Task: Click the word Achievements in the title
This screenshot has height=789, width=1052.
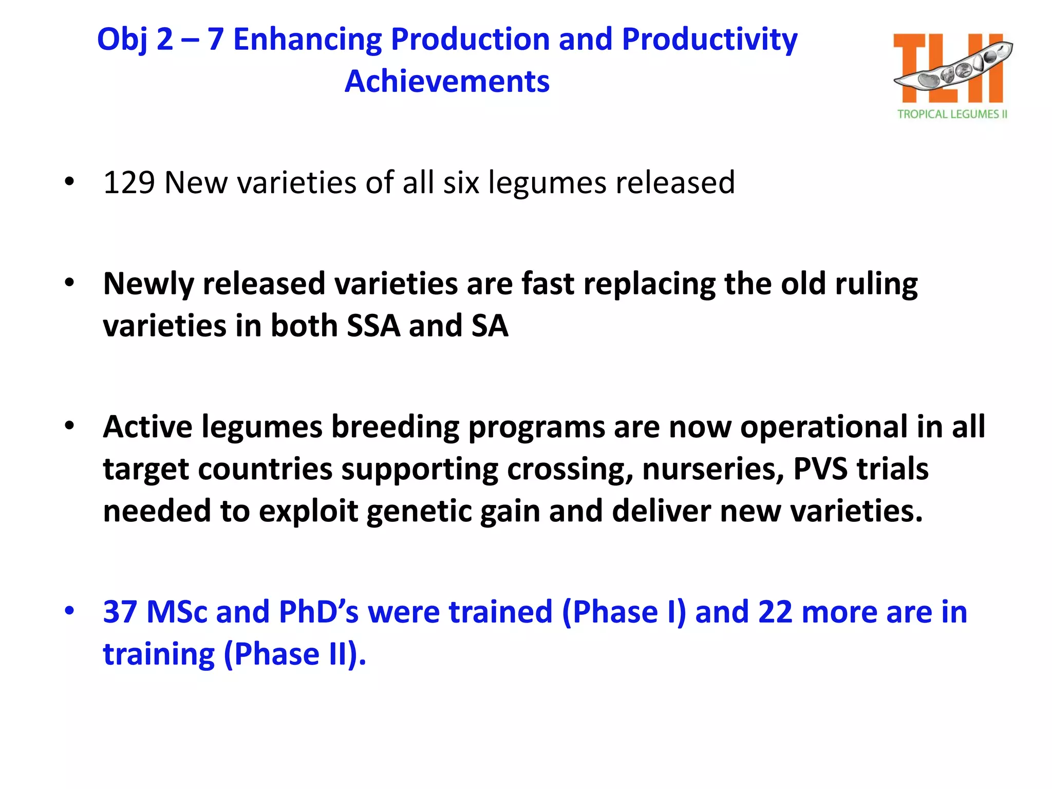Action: (x=447, y=81)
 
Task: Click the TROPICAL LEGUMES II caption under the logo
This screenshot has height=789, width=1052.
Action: (x=952, y=114)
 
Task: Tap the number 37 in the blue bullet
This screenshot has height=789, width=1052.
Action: (x=120, y=612)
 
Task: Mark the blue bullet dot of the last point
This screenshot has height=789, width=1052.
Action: (x=69, y=611)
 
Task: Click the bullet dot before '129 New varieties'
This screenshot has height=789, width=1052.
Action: (x=69, y=182)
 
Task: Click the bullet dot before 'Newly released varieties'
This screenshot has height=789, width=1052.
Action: (x=69, y=283)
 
